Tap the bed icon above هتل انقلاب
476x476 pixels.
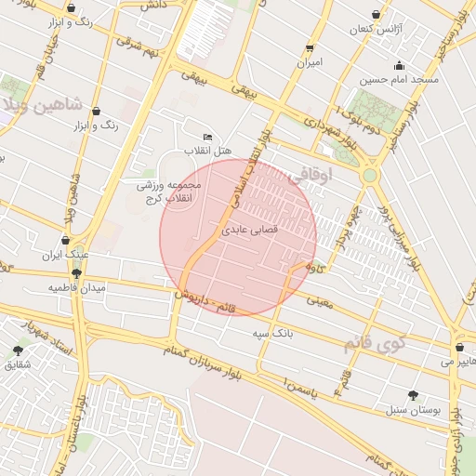(x=207, y=137)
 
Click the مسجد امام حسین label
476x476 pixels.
(x=399, y=80)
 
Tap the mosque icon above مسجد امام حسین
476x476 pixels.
(x=399, y=65)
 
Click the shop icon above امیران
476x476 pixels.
(x=310, y=48)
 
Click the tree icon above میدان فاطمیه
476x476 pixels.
(x=76, y=273)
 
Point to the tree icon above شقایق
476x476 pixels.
(x=18, y=350)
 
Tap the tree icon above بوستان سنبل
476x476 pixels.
(x=413, y=395)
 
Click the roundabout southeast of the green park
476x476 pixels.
(x=370, y=174)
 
